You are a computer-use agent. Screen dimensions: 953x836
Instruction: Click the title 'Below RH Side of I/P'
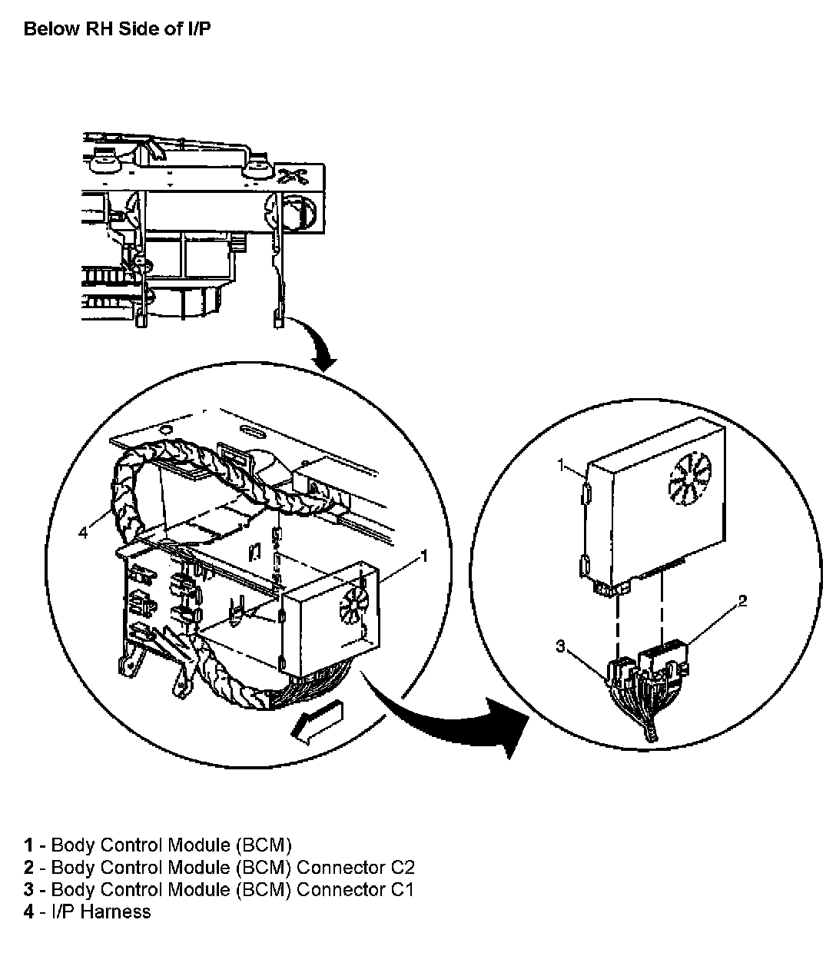(117, 29)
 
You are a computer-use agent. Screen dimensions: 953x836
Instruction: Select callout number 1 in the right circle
(562, 464)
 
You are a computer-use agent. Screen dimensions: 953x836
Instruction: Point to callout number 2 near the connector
(742, 601)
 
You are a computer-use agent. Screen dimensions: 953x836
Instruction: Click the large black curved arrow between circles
(453, 719)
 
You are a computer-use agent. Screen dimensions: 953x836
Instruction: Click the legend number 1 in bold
(28, 845)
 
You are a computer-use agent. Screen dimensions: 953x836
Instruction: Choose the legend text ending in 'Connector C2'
(232, 868)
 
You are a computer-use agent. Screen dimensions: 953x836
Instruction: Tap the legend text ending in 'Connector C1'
(232, 890)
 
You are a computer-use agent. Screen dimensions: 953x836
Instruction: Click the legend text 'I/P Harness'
(101, 912)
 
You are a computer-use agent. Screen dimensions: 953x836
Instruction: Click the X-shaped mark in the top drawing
(293, 176)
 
